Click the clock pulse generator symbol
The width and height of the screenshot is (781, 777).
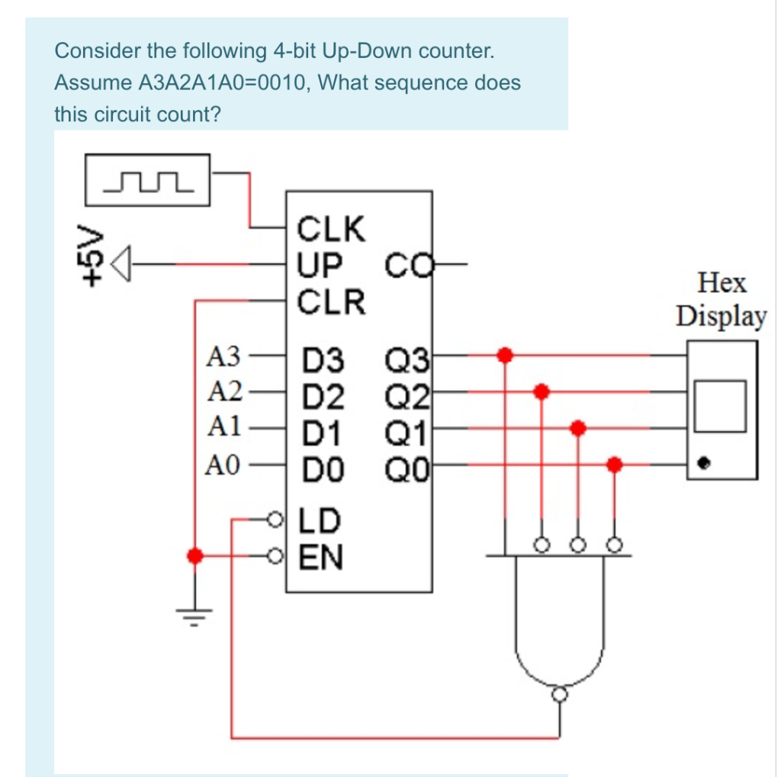[x=148, y=180]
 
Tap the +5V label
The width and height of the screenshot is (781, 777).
[x=92, y=254]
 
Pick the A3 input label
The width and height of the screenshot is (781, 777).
[x=224, y=356]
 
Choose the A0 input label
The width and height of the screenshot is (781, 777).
[x=224, y=463]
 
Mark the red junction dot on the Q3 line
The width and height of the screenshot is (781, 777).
[x=503, y=355]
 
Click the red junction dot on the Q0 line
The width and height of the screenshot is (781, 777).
[x=615, y=463]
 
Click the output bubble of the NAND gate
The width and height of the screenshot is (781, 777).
[x=561, y=694]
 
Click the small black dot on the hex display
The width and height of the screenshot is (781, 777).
[x=705, y=463]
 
